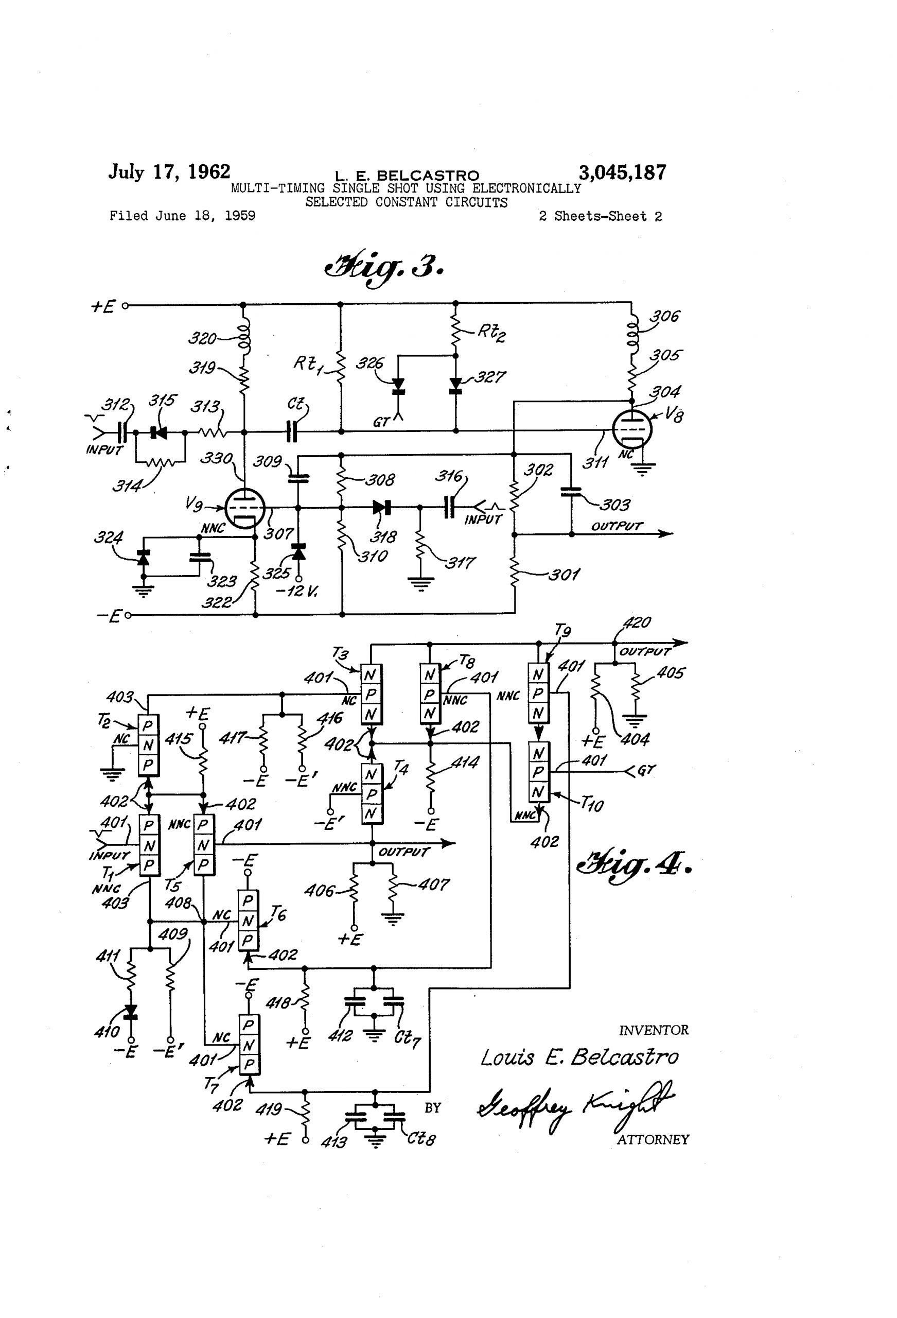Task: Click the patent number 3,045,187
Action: coord(622,172)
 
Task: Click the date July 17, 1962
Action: coord(169,171)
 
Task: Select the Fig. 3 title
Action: coord(383,268)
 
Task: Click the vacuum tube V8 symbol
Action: coord(632,429)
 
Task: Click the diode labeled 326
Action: coord(399,385)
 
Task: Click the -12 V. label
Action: coord(296,591)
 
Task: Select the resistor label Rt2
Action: coord(491,333)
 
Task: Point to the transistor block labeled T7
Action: coord(249,1044)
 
